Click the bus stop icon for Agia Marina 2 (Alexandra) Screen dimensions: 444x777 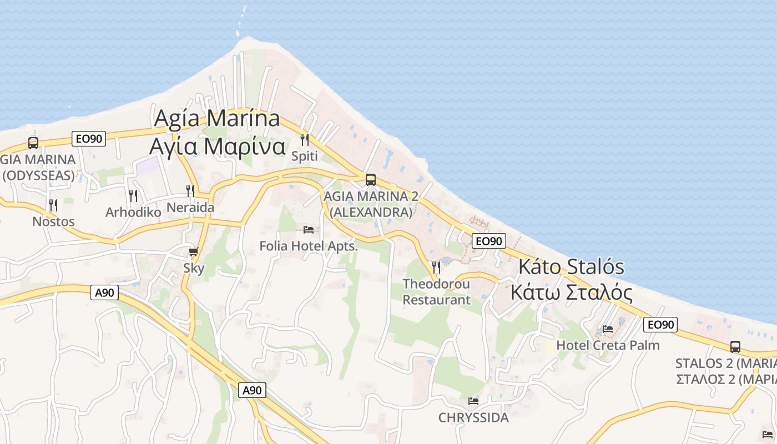tap(370, 180)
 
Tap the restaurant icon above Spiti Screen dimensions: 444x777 tap(305, 139)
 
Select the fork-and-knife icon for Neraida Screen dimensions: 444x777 tap(190, 191)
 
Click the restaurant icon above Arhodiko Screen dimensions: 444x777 tap(133, 195)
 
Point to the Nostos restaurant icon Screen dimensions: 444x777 tap(53, 205)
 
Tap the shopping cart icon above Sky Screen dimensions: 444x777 tap(193, 252)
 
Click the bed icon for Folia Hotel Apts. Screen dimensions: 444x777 tap(309, 229)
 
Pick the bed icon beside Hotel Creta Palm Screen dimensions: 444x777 tap(608, 329)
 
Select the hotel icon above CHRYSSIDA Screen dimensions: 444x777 tap(473, 401)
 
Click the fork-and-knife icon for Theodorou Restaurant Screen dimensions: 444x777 tap(436, 268)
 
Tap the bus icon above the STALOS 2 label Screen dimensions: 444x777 tap(735, 347)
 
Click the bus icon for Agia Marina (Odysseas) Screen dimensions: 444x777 tap(33, 143)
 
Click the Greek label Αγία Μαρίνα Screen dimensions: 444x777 tap(217, 147)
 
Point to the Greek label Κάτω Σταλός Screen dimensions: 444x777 tap(571, 292)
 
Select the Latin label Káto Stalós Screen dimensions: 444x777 tap(571, 267)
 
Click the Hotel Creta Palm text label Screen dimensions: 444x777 tap(608, 345)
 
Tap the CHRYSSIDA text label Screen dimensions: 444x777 tap(473, 417)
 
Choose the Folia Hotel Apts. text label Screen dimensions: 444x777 tap(309, 246)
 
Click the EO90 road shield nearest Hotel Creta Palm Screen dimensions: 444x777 tap(660, 325)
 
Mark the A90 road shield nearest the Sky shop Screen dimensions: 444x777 tap(105, 292)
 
